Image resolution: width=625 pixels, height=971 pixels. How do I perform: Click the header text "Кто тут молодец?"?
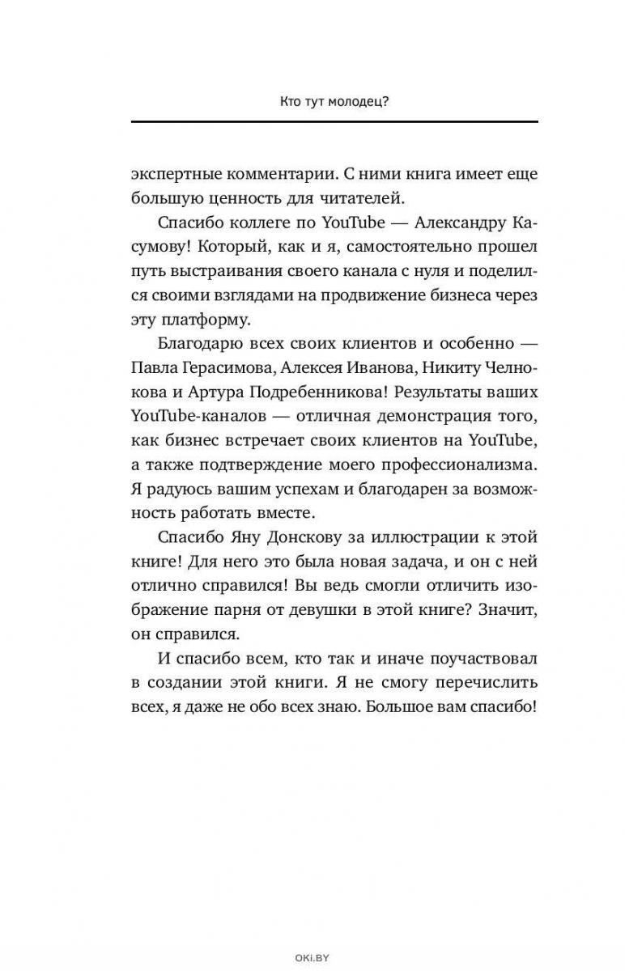click(334, 104)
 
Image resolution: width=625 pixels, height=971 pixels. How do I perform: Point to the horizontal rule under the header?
click(334, 121)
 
